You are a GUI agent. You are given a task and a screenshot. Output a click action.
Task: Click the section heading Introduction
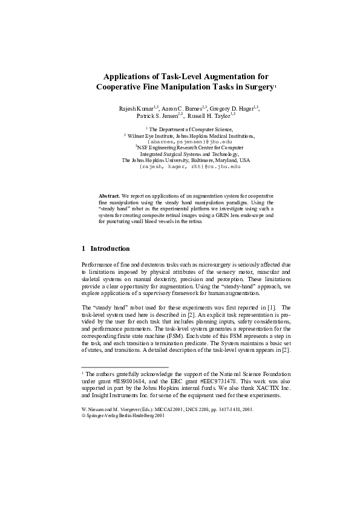110,248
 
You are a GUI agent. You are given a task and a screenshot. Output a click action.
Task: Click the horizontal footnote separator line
124,367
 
